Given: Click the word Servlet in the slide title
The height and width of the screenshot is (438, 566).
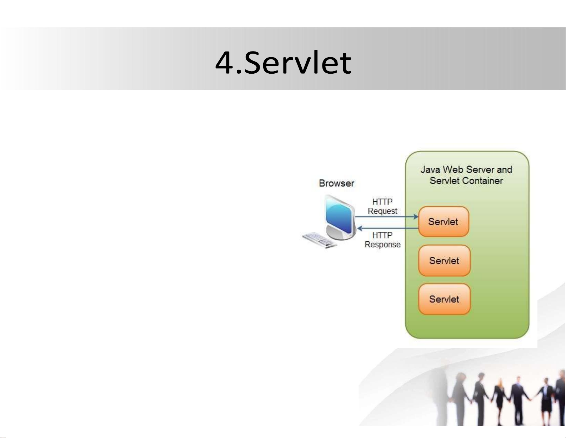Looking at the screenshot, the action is click(x=298, y=63).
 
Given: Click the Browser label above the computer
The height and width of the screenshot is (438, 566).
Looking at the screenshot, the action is click(x=336, y=183).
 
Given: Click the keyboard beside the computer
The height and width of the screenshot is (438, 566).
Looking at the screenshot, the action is click(x=320, y=240).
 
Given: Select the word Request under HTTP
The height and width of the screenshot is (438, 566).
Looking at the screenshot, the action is click(x=382, y=211).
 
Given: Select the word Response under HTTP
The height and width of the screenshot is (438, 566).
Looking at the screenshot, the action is click(x=382, y=245).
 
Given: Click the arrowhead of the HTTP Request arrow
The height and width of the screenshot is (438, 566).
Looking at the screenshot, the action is click(x=416, y=217).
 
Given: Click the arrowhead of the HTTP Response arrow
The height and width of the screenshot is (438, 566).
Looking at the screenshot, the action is click(x=360, y=228).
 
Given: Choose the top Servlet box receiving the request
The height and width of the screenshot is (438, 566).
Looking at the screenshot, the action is click(x=444, y=222).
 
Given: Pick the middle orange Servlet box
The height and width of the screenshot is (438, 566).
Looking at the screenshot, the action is click(x=444, y=260).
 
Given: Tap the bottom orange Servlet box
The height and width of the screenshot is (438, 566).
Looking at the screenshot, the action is click(x=444, y=299).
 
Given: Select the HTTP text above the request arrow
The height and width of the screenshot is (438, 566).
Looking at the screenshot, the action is click(x=382, y=202).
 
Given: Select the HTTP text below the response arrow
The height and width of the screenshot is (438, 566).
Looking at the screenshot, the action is click(x=382, y=235).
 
